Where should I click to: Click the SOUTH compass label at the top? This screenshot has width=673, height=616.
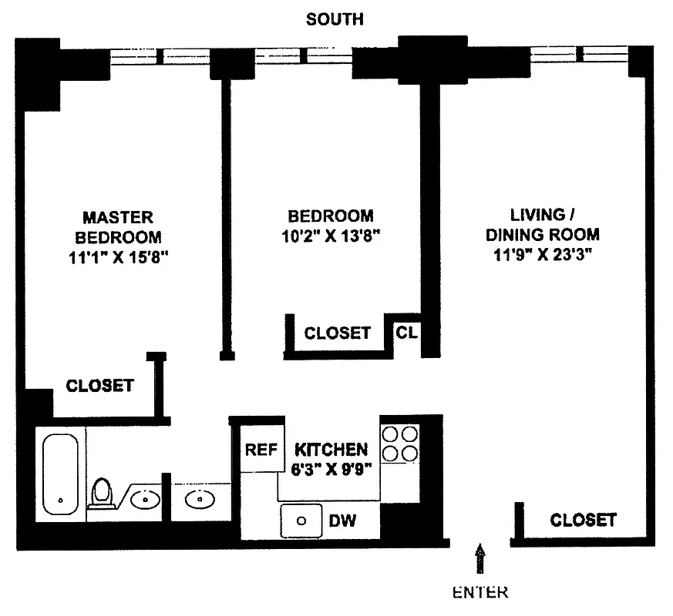pos(335,19)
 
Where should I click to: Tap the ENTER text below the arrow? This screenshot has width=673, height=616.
pos(480,592)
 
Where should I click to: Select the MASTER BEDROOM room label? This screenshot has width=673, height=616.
pos(118,227)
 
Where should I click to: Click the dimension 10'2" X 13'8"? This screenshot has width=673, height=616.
pos(331,236)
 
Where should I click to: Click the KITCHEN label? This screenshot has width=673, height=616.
pos(331,449)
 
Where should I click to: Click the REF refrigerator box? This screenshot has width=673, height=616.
pos(261,450)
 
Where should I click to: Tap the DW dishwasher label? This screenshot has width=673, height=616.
pos(342,521)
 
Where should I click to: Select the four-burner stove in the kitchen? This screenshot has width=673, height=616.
pos(399,443)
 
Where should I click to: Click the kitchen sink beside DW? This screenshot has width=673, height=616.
pos(302,521)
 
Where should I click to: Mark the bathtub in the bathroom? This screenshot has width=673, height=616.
pos(60,474)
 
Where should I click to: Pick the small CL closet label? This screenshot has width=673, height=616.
pos(406,333)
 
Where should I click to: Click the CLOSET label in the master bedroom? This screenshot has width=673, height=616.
pos(99,386)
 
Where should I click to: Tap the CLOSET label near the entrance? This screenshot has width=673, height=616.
pos(583,521)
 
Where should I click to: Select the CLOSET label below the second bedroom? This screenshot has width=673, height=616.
pos(337,333)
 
